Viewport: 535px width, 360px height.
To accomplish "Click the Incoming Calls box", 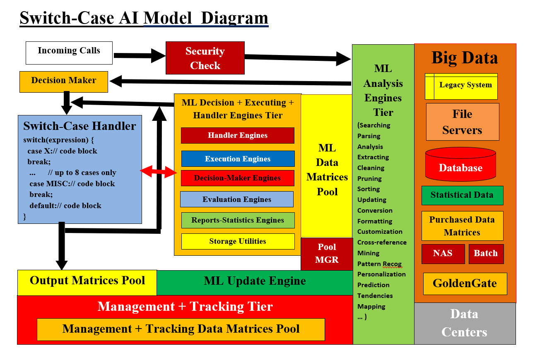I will tap(69, 53).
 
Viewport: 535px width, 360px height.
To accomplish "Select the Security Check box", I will tap(205, 58).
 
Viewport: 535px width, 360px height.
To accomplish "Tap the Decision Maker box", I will tap(63, 82).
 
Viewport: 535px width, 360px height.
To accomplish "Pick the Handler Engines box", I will tap(237, 135).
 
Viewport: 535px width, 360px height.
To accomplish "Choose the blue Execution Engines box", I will tap(238, 158).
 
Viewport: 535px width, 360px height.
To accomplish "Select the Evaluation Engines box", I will tap(236, 199).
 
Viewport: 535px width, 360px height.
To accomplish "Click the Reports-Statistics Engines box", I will tap(238, 220).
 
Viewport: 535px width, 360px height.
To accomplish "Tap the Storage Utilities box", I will tap(238, 241).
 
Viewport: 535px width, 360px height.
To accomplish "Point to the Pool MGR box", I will tap(327, 254).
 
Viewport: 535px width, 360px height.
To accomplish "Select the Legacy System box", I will tap(461, 86).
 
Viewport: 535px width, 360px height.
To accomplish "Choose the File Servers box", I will tap(462, 122).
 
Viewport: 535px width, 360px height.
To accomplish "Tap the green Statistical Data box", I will tap(462, 195).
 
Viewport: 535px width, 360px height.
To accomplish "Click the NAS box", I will tap(443, 254).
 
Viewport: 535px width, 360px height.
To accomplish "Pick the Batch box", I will tap(486, 254).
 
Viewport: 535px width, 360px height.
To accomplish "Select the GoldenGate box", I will tap(465, 283).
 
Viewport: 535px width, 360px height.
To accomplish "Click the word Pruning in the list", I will tap(369, 178).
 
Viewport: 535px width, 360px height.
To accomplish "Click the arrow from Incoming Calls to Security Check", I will tap(139, 55).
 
